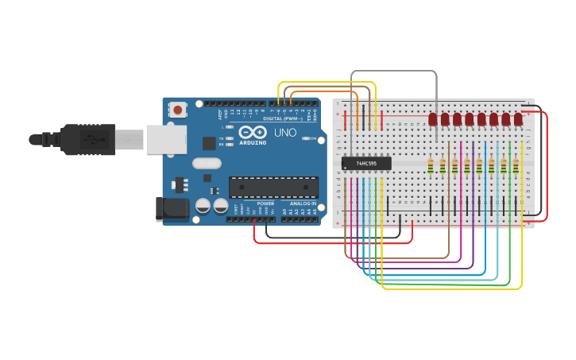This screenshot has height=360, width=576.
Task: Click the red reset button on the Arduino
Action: click(179, 109)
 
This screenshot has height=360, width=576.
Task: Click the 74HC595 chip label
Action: click(366, 164)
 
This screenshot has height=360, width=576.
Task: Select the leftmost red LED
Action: click(433, 119)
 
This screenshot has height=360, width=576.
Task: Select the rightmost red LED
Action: click(518, 119)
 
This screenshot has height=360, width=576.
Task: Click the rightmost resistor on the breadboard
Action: click(516, 165)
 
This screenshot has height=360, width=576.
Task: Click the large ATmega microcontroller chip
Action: click(273, 187)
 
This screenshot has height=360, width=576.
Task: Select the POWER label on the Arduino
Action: click(265, 203)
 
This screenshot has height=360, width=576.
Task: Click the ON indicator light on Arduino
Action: click(306, 139)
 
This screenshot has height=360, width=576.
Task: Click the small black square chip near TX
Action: click(209, 143)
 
